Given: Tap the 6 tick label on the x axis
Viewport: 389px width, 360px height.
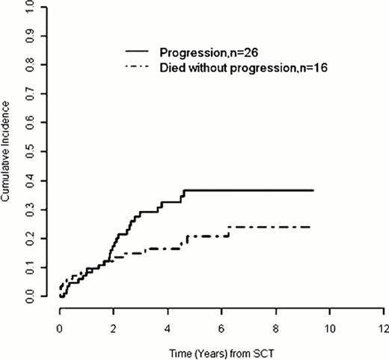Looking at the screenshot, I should (221, 327).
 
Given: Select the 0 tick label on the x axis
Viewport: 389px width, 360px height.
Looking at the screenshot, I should (60, 327).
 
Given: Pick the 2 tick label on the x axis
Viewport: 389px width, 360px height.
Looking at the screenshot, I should (114, 327).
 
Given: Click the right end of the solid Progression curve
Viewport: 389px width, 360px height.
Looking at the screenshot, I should (313, 191).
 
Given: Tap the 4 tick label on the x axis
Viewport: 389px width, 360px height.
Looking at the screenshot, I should (168, 327).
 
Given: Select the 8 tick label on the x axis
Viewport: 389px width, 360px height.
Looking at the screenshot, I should (275, 327).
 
